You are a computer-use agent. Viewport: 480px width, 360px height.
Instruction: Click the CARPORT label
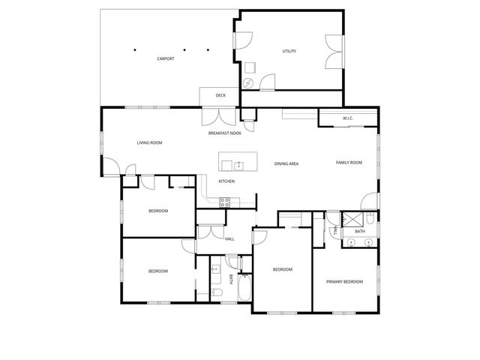pyautogui.click(x=166, y=58)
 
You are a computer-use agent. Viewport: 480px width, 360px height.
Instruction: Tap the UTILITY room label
pyautogui.click(x=289, y=51)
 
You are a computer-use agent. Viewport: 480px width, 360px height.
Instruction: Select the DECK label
pyautogui.click(x=220, y=95)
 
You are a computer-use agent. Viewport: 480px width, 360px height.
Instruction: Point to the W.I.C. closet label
pyautogui.click(x=348, y=118)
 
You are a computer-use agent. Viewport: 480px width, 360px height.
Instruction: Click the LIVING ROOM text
pyautogui.click(x=149, y=142)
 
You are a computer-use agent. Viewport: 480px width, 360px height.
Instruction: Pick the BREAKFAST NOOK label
pyautogui.click(x=224, y=133)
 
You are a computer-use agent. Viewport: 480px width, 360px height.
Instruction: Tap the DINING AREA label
pyautogui.click(x=286, y=163)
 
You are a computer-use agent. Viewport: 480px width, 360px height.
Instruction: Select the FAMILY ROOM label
pyautogui.click(x=349, y=162)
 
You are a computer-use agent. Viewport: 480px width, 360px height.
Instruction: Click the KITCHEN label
pyautogui.click(x=226, y=181)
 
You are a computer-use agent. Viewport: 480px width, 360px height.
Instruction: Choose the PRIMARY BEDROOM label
pyautogui.click(x=344, y=281)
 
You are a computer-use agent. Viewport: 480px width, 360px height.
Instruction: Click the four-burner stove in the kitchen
pyautogui.click(x=224, y=201)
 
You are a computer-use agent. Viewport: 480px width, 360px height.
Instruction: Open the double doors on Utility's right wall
pyautogui.click(x=333, y=52)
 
